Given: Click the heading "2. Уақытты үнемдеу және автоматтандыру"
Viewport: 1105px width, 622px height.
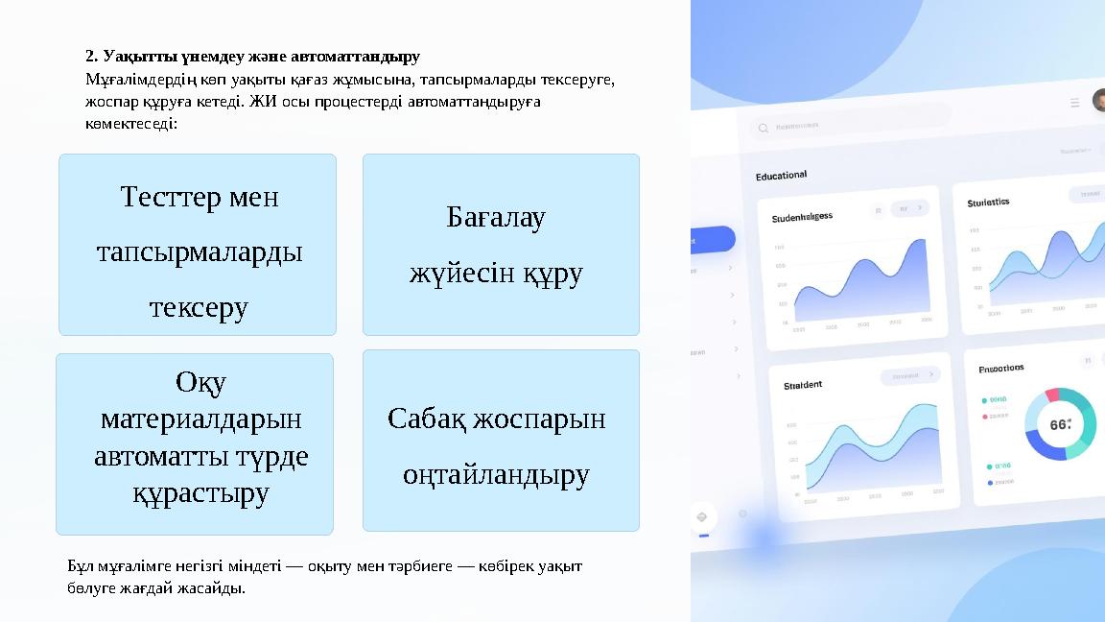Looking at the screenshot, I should click(x=252, y=57).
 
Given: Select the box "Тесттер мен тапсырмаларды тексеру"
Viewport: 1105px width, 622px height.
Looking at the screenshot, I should click(x=198, y=245).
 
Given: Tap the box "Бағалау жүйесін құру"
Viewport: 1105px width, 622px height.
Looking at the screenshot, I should click(x=501, y=245).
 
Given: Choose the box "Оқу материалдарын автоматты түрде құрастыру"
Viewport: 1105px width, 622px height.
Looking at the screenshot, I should click(x=195, y=443).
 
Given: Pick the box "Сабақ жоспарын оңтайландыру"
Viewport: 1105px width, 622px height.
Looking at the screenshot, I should click(x=501, y=440).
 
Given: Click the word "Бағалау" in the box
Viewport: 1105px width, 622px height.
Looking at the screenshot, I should click(x=496, y=218).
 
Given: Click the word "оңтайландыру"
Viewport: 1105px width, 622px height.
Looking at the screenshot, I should click(x=496, y=474).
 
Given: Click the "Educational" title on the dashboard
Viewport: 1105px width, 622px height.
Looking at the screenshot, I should click(x=781, y=176).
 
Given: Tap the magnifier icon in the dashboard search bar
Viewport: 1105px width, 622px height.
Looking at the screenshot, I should click(x=764, y=128).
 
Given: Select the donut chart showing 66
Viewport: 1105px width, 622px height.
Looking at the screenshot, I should click(x=1060, y=424).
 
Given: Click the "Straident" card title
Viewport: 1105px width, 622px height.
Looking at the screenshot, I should click(x=803, y=385).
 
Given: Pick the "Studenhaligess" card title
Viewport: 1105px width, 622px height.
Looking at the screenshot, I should click(x=802, y=217).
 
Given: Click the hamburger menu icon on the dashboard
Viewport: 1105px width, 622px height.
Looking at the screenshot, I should click(x=1074, y=103).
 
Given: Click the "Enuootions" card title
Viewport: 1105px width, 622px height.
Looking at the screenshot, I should click(x=1000, y=369).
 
